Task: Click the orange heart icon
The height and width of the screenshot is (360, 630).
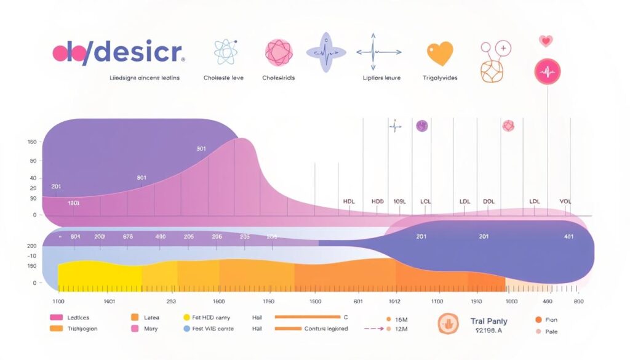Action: (439, 54)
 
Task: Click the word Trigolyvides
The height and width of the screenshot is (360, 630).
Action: (440, 78)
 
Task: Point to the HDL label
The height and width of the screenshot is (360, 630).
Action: (349, 201)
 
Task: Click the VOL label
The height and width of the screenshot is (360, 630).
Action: (565, 201)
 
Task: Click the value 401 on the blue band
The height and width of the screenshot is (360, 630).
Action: (568, 236)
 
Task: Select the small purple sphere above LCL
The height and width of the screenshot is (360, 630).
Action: (421, 126)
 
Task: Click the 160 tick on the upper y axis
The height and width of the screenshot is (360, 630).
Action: (32, 142)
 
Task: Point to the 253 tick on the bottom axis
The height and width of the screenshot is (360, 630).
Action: (171, 302)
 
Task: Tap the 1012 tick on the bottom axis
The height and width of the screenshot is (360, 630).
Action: (394, 302)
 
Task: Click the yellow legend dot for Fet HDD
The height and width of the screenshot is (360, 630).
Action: (187, 318)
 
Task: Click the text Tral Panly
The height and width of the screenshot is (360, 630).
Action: (488, 321)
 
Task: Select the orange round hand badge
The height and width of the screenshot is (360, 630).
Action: (448, 324)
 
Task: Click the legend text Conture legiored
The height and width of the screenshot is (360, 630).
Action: (326, 329)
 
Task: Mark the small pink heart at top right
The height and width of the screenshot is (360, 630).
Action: (545, 41)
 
